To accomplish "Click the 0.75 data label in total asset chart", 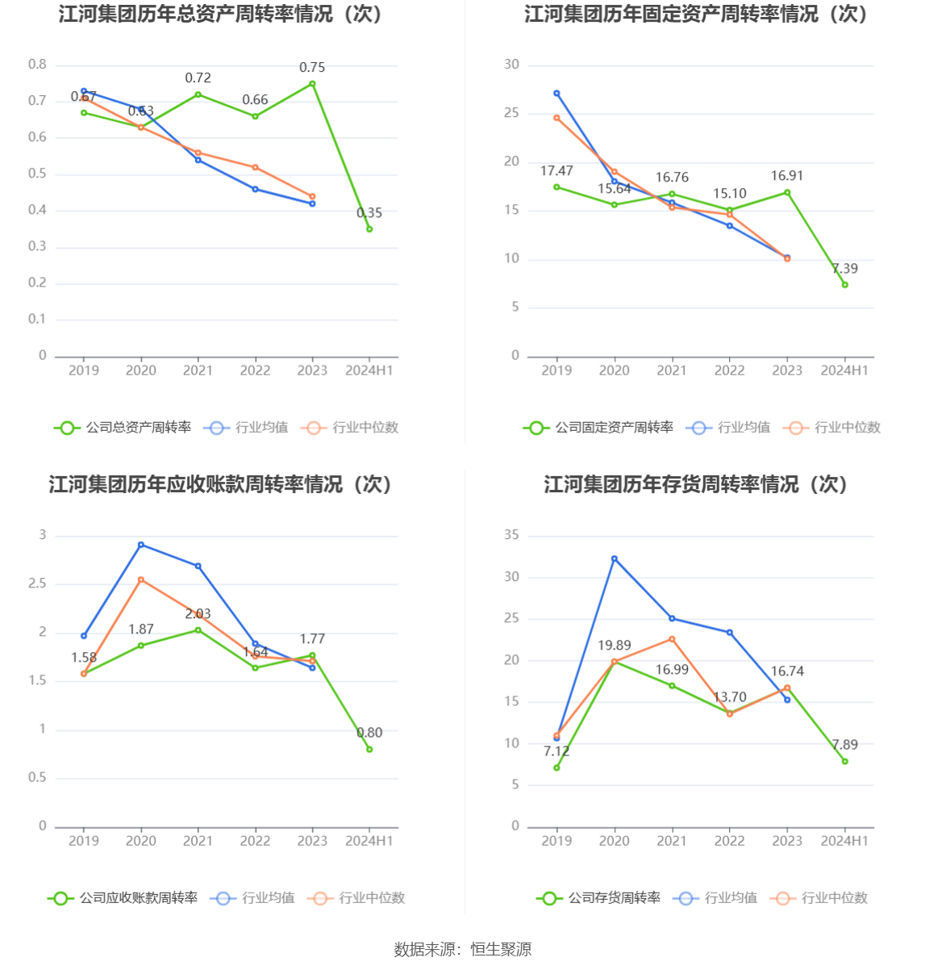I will tap(312, 68).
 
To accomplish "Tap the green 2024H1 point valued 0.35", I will tap(369, 229).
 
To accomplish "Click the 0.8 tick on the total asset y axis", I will tap(37, 65).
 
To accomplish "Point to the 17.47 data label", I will tap(556, 171).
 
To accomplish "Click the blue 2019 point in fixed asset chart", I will tap(556, 94).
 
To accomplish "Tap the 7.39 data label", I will tap(844, 269).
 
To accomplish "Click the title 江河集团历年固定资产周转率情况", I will tap(696, 15).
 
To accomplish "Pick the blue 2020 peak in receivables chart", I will tap(141, 545).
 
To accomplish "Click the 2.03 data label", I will tap(198, 614).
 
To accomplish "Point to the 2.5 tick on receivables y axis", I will tap(37, 583).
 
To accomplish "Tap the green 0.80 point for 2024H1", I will tap(369, 750).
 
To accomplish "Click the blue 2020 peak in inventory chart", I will tap(615, 558).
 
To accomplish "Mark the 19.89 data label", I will tap(615, 646).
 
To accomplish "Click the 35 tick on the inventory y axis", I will tap(511, 535).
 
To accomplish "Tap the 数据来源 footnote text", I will tap(462, 950).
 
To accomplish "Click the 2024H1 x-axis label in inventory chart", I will tap(844, 841).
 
